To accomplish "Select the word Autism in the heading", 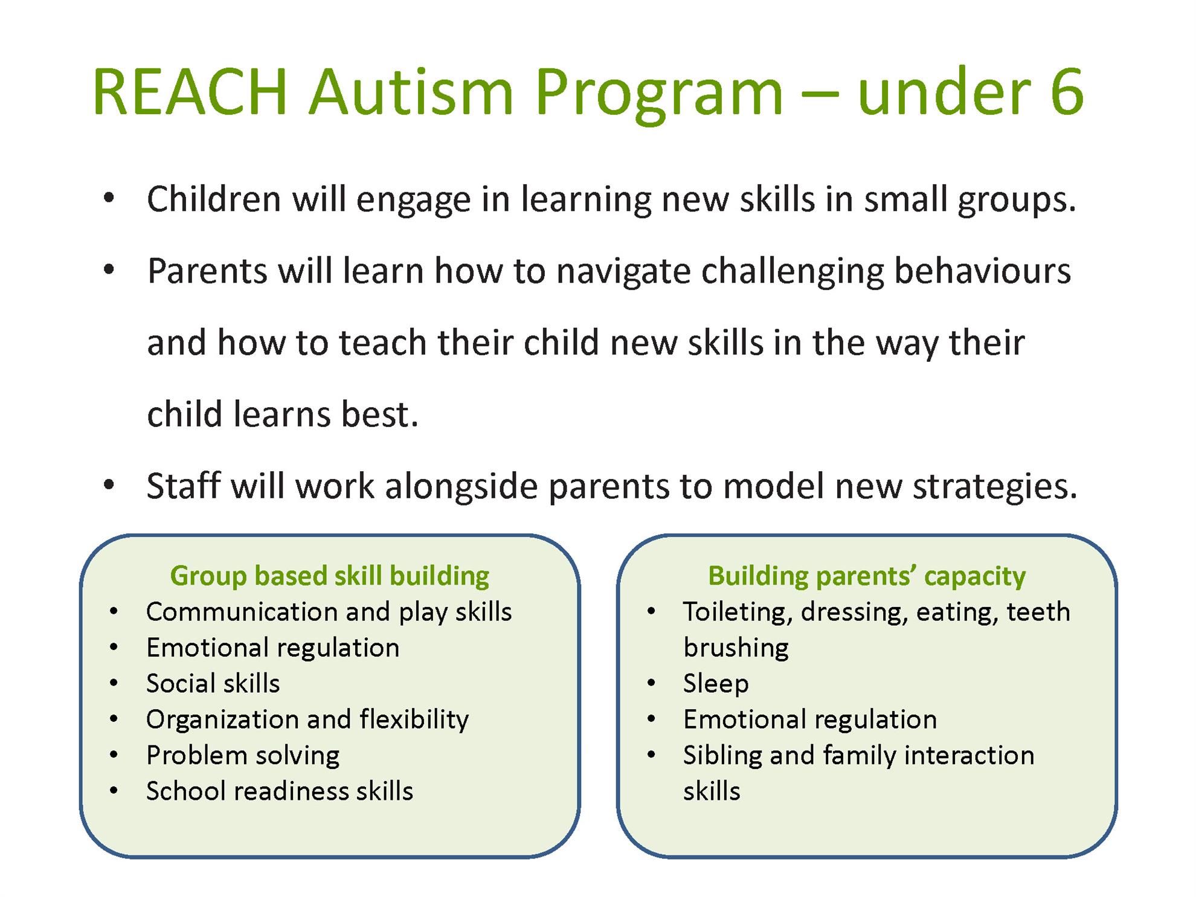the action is [411, 92].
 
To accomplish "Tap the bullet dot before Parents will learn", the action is [109, 270].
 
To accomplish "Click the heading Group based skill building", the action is [330, 576].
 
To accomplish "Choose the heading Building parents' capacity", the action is [867, 576].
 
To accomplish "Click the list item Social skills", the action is [213, 683].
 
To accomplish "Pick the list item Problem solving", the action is [243, 756].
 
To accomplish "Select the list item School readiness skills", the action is [280, 791].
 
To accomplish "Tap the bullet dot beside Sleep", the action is [651, 683].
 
